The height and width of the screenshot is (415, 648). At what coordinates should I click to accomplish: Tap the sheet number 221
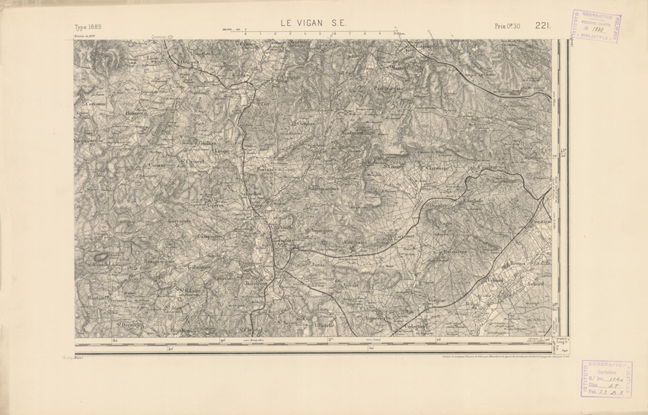pyautogui.click(x=543, y=26)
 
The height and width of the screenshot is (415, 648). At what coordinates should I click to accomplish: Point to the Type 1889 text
pyautogui.click(x=88, y=27)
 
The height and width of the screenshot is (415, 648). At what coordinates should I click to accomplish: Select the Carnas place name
pyautogui.click(x=158, y=165)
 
